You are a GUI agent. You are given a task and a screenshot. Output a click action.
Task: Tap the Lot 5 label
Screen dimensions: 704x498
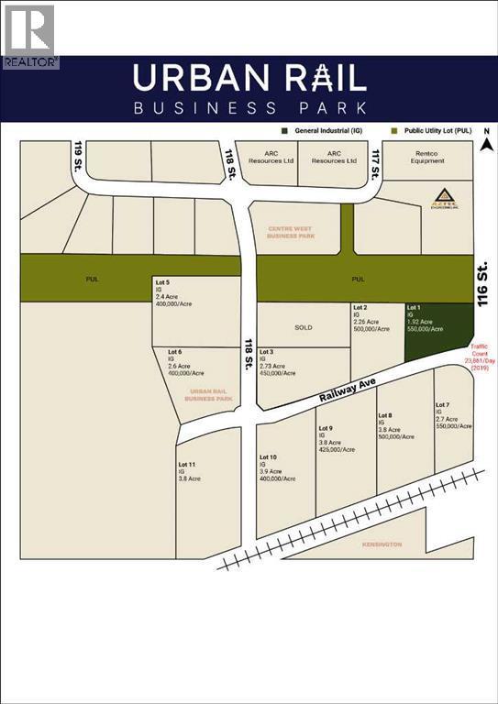(x=162, y=281)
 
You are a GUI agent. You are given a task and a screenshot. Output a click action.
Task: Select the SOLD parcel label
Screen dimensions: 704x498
(x=303, y=327)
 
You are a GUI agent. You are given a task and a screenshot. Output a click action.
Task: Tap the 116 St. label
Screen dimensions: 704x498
(x=485, y=282)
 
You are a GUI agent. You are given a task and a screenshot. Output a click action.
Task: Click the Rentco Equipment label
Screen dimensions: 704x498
(x=427, y=157)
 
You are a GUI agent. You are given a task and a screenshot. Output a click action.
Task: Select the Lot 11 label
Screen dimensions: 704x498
(x=187, y=464)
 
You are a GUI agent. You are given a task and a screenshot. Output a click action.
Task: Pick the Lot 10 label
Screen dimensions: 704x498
(x=268, y=456)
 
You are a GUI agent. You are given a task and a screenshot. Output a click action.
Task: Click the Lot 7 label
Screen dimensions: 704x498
(x=443, y=404)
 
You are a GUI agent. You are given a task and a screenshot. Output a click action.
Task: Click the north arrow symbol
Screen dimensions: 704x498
(x=489, y=142)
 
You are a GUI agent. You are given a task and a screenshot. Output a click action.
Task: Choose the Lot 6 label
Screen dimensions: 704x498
(x=174, y=352)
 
